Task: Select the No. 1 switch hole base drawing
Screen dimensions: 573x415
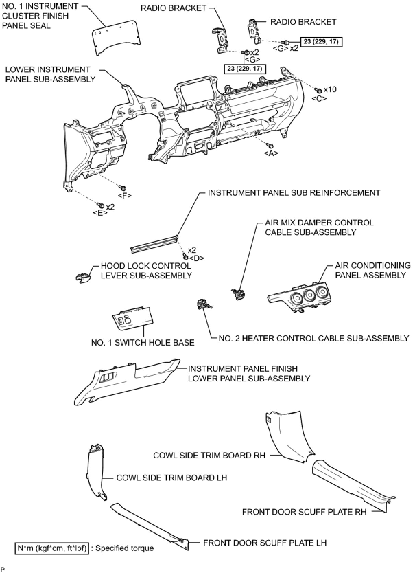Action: coord(132,318)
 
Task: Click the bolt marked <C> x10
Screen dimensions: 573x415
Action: coord(318,90)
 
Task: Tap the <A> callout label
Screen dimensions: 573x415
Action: coord(271,153)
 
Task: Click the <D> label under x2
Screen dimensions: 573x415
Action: coord(197,258)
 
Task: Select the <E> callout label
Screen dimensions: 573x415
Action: coord(100,213)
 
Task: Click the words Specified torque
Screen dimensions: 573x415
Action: coord(125,548)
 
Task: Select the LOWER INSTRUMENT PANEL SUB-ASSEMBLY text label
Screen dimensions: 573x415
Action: coord(50,74)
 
